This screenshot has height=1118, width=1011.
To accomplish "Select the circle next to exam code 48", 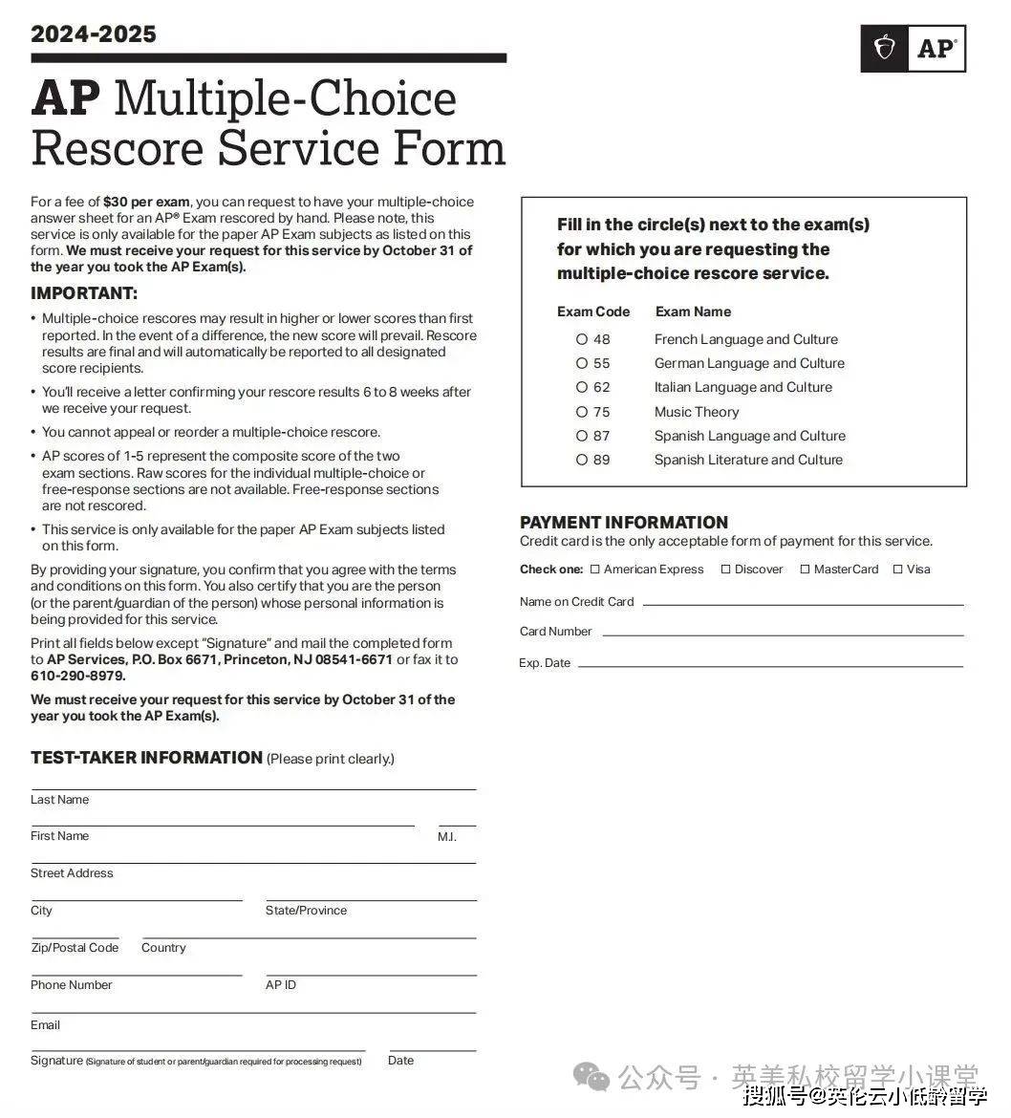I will click(582, 339).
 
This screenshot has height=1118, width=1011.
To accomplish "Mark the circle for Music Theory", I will click(582, 412).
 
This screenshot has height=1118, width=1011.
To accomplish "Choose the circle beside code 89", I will click(582, 460).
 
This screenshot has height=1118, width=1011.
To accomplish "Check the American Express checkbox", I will click(595, 570).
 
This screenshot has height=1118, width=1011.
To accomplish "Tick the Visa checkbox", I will click(897, 570).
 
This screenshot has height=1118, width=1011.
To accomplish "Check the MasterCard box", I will click(805, 570).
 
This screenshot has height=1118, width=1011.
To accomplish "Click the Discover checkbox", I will click(725, 570).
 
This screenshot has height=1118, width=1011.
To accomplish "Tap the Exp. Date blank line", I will click(770, 665).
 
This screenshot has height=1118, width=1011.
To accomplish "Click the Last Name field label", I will click(59, 800).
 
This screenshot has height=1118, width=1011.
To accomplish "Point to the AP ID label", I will click(281, 985).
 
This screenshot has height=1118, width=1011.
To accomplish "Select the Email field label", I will click(45, 1025).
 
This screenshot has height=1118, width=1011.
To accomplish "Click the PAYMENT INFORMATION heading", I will click(624, 523).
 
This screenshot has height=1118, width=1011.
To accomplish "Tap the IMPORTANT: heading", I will click(84, 293).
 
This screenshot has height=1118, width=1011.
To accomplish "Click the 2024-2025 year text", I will click(94, 34).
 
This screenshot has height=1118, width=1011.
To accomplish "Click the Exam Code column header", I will click(593, 312).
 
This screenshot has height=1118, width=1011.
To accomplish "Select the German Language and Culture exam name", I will click(749, 363).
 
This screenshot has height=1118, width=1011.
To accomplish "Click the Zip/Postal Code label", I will click(75, 948).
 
